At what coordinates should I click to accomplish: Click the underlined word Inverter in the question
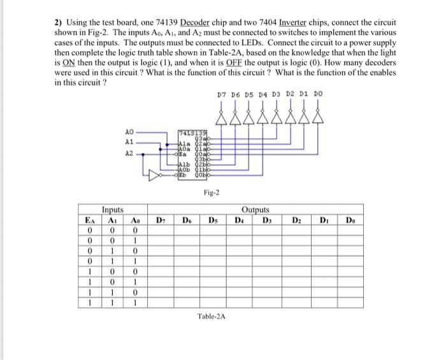(284, 23)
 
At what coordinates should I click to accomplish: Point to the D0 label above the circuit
(317, 94)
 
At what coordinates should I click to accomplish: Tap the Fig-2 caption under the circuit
(212, 192)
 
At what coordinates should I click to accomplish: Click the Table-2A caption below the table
(213, 316)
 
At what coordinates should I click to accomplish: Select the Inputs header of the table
(113, 209)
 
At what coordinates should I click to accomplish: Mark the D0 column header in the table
(350, 219)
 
